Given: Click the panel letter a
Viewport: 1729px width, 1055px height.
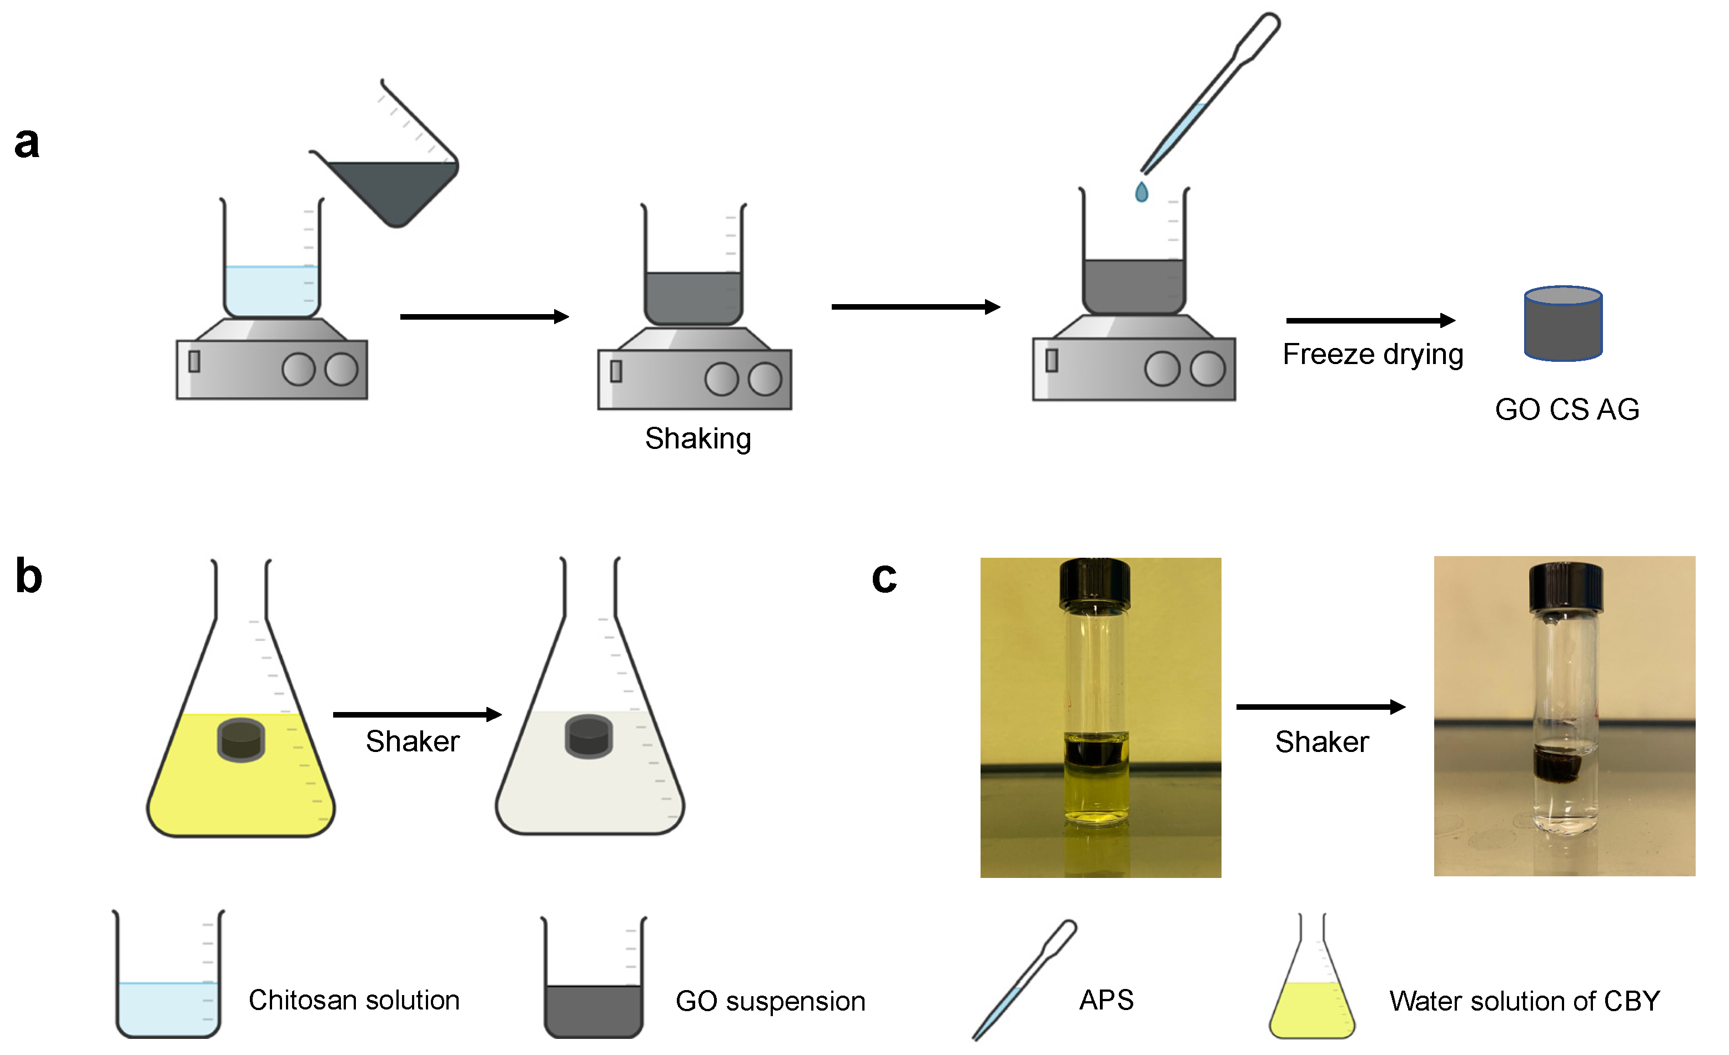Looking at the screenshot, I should [x=27, y=143].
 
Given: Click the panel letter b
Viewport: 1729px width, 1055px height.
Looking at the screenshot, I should [x=29, y=577].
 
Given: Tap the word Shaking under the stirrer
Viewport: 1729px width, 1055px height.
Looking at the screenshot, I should [x=697, y=439].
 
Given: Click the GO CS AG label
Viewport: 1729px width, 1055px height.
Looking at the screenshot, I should [x=1566, y=410].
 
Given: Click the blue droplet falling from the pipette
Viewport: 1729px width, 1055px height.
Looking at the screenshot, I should [x=1141, y=192].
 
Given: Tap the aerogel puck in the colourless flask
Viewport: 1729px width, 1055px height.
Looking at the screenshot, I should [x=589, y=737].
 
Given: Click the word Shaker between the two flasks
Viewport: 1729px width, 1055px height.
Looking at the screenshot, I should [x=413, y=742].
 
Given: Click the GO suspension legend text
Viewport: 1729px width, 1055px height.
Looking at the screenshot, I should [x=770, y=1002].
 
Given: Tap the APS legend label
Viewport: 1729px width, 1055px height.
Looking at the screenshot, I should [x=1106, y=1000].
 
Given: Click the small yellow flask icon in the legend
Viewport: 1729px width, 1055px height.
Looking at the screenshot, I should [x=1311, y=982].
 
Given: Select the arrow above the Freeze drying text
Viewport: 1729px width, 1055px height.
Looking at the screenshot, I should [x=1370, y=321].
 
